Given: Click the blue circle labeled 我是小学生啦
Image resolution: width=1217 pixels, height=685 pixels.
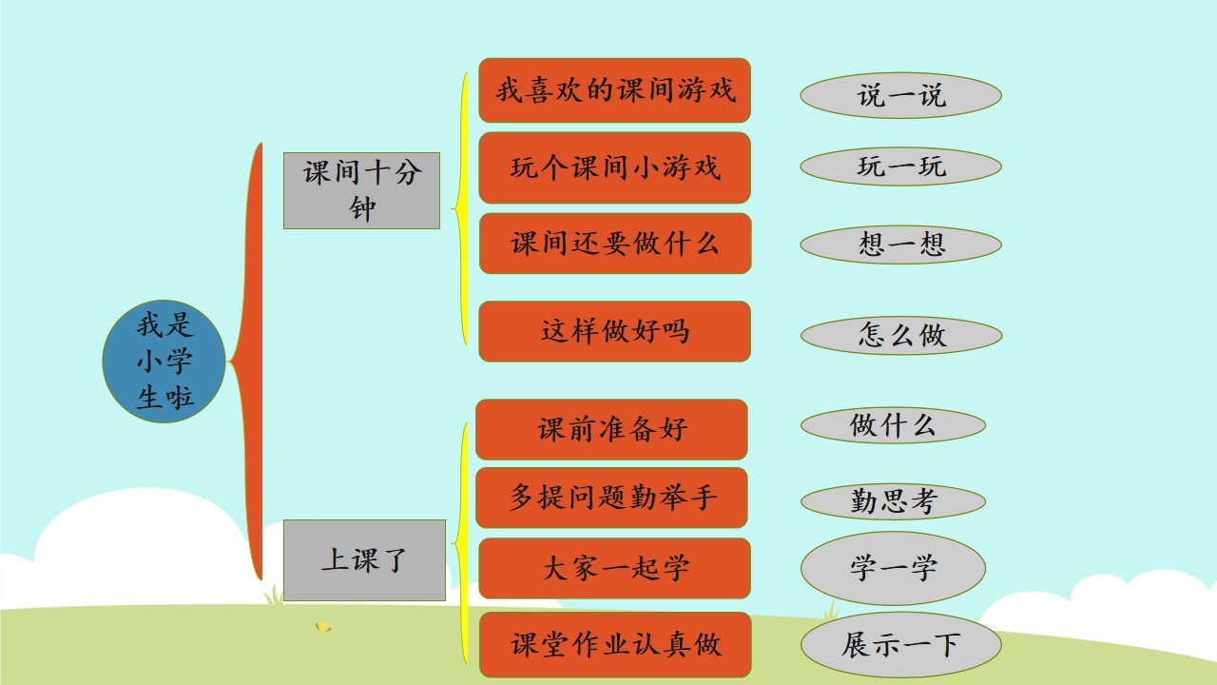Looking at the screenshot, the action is click(x=164, y=362).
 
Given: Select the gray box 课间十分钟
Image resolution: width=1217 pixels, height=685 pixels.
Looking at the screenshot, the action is click(x=361, y=191).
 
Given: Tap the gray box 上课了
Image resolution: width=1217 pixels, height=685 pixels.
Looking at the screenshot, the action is click(x=364, y=560).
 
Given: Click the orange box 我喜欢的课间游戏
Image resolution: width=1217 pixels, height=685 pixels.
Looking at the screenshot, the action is click(x=614, y=90).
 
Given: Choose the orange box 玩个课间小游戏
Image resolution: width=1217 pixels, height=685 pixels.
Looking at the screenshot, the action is click(x=614, y=167).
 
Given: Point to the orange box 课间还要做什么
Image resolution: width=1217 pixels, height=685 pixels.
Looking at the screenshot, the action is click(x=615, y=243).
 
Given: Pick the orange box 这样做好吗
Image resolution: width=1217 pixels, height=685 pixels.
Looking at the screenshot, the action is click(x=614, y=331).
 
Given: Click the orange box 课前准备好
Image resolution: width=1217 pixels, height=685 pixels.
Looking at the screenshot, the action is click(x=611, y=429).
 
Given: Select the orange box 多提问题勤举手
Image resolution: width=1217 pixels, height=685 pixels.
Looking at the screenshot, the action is click(x=611, y=498).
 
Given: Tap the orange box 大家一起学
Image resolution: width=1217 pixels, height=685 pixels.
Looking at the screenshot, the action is click(x=614, y=569).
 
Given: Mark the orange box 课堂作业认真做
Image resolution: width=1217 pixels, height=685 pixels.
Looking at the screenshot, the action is click(x=615, y=645).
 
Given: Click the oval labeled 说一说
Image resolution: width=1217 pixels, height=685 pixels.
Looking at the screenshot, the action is click(x=900, y=95).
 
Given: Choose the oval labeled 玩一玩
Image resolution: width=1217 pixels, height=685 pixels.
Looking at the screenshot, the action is click(x=900, y=166).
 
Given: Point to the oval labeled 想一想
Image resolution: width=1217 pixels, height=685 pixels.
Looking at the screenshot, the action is click(x=900, y=245).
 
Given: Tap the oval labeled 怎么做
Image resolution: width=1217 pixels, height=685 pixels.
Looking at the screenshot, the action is click(x=901, y=336).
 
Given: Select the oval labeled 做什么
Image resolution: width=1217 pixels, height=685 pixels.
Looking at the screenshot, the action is click(x=893, y=425).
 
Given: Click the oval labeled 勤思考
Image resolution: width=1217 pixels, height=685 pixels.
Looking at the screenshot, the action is click(x=893, y=501).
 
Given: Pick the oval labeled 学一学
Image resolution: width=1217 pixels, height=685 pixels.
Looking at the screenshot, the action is click(x=893, y=568).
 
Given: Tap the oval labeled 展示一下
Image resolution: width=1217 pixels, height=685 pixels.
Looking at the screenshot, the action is click(x=900, y=645).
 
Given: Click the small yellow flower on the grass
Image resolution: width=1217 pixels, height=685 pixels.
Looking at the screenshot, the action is click(x=323, y=627).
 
